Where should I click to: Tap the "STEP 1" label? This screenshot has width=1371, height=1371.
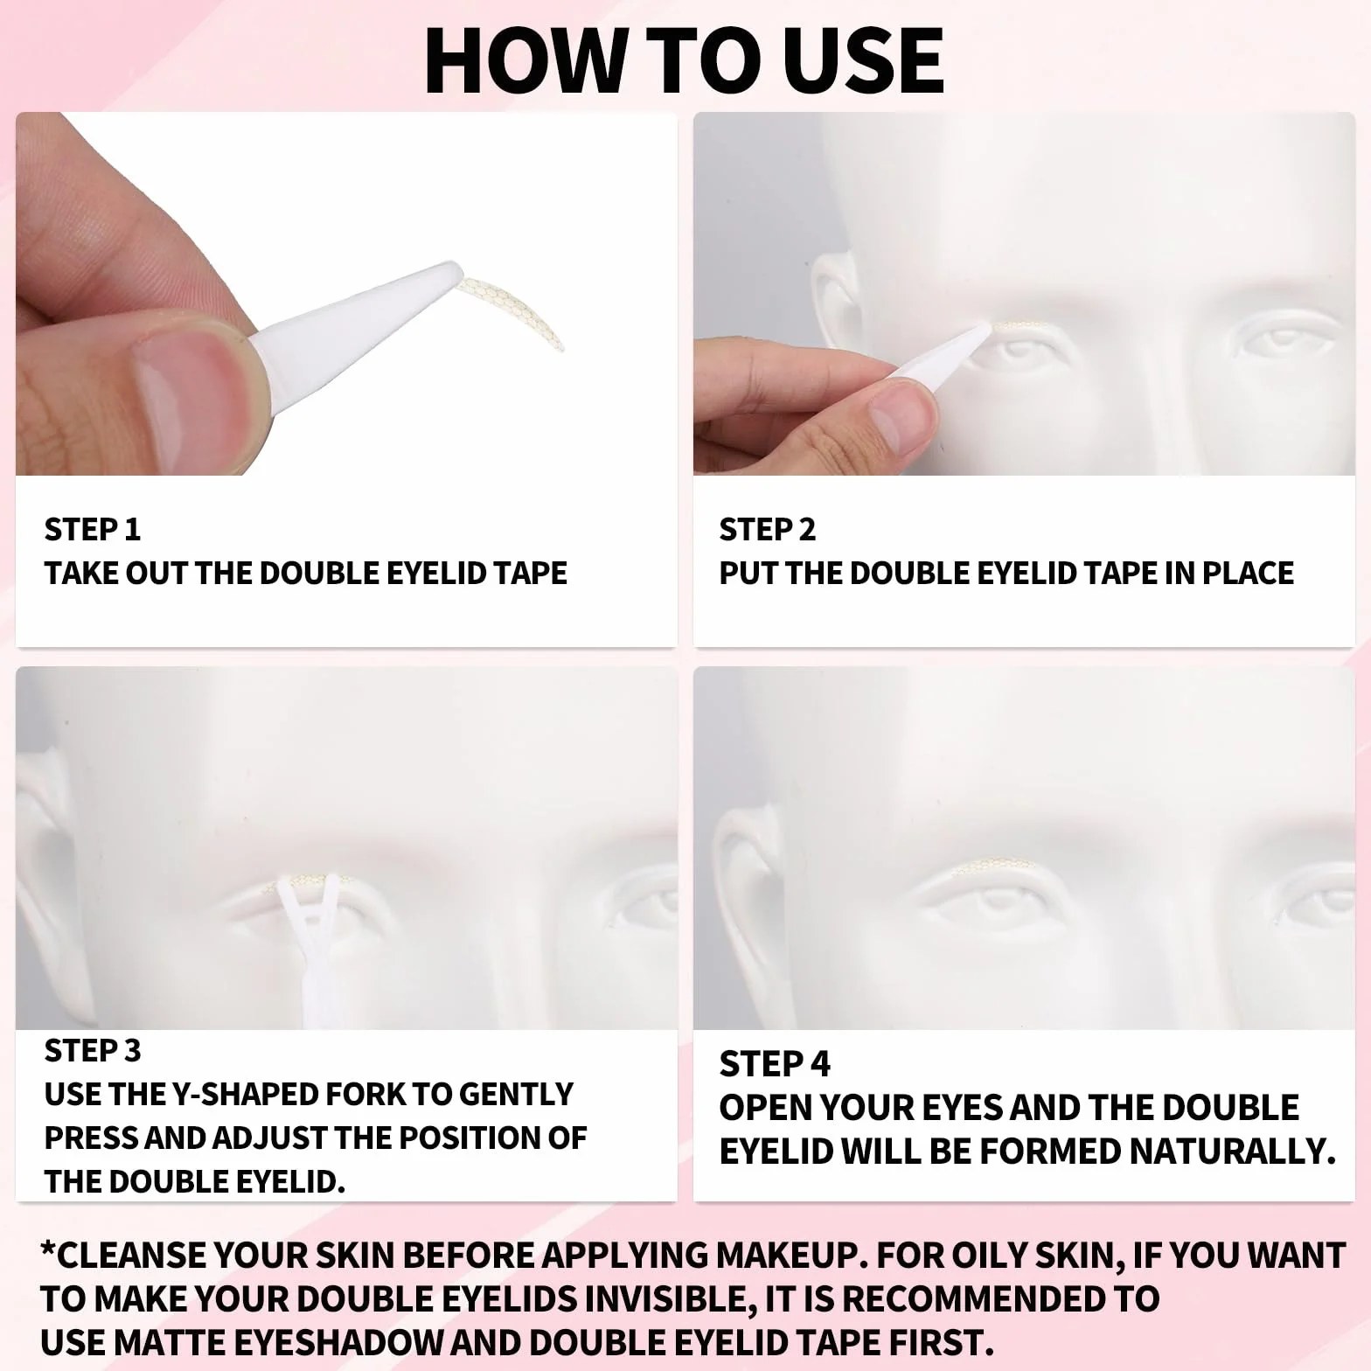pyautogui.click(x=93, y=529)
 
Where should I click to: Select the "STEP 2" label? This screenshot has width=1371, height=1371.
pyautogui.click(x=767, y=529)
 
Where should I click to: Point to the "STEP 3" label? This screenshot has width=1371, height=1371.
pyautogui.click(x=93, y=1050)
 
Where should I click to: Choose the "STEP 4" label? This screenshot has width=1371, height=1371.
pyautogui.click(x=775, y=1064)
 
